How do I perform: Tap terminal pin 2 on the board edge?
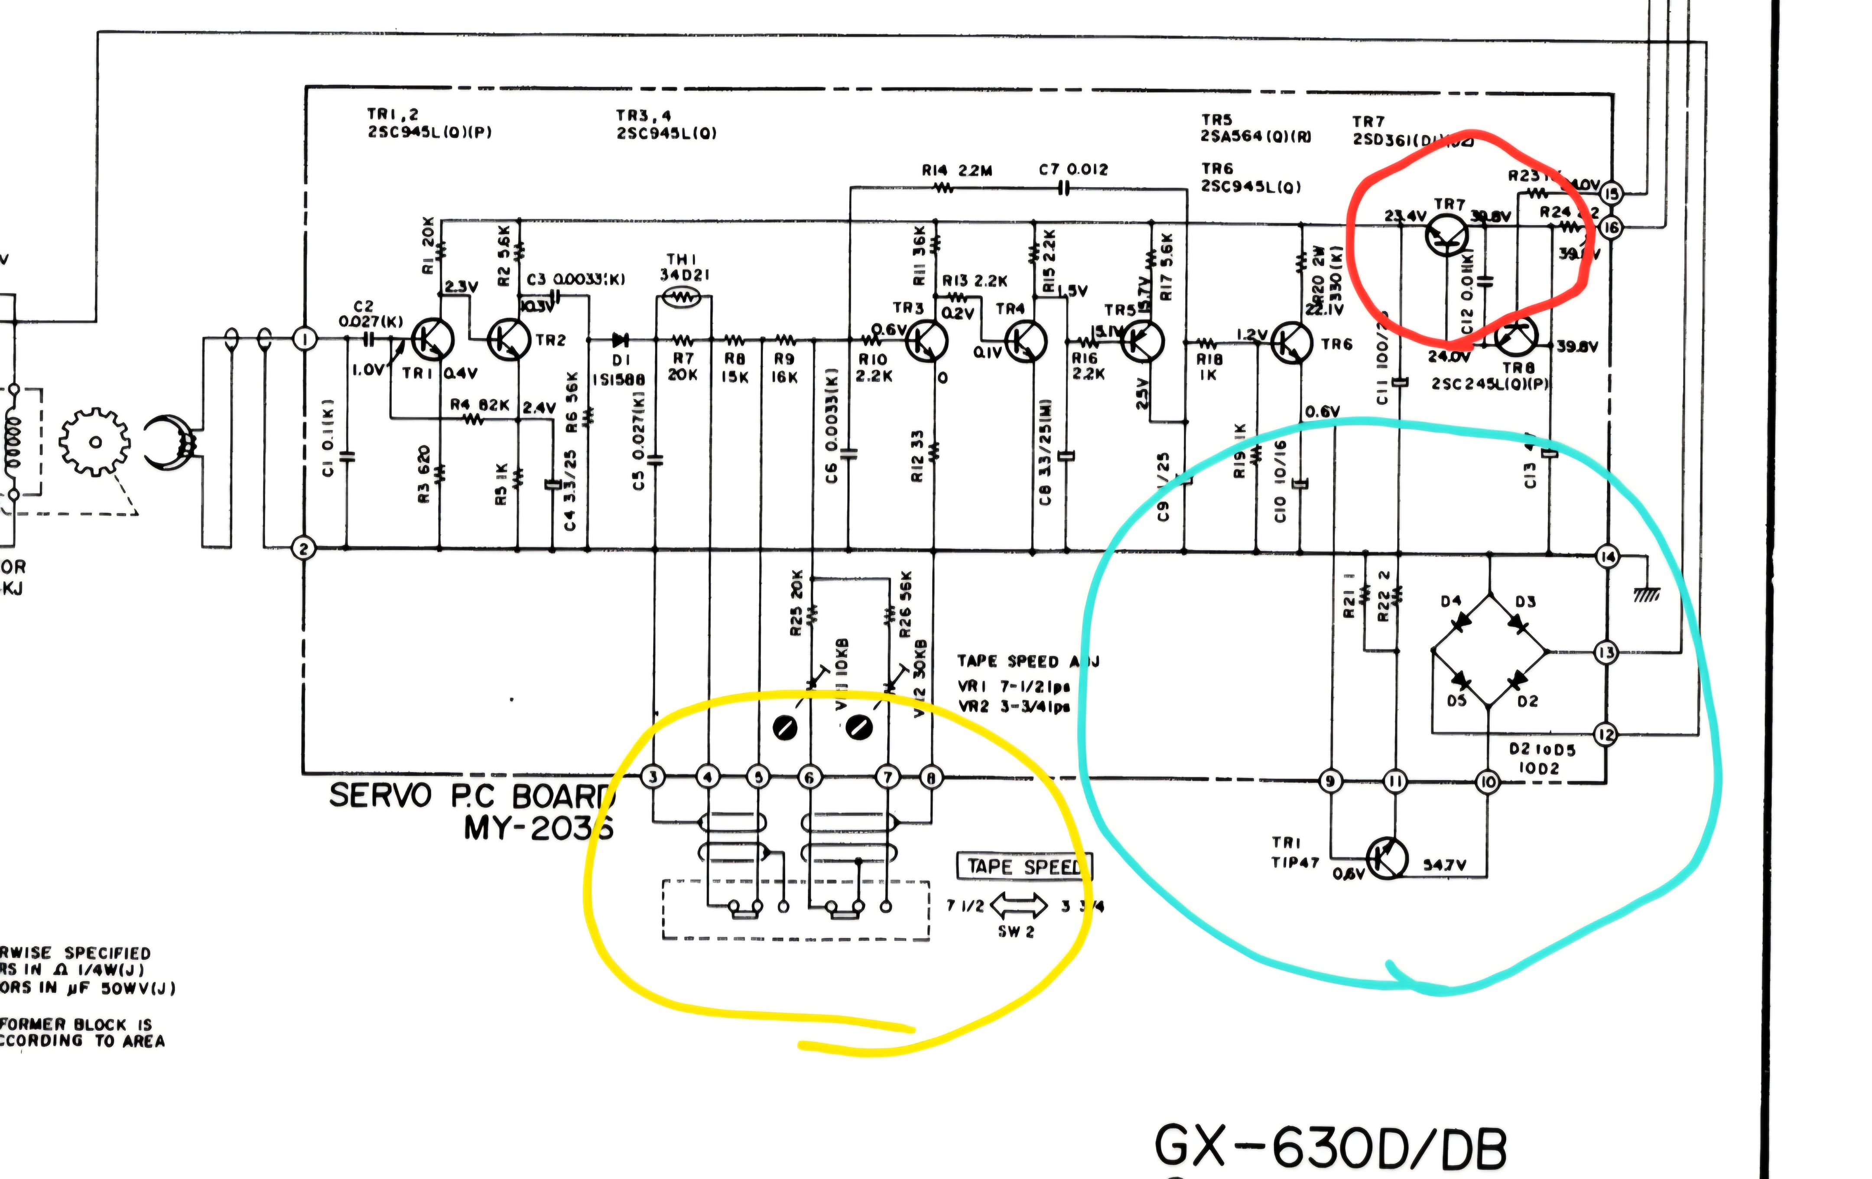tap(303, 549)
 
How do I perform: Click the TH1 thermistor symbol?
tap(682, 296)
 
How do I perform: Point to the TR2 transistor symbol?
tap(508, 339)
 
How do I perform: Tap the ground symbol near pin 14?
tap(1646, 594)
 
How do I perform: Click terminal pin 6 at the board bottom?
tap(810, 777)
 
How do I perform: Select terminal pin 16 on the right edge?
tap(1611, 228)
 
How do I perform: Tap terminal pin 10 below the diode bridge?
tap(1487, 782)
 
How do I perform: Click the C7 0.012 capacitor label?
tap(1074, 169)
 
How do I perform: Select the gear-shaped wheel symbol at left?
tap(95, 443)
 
